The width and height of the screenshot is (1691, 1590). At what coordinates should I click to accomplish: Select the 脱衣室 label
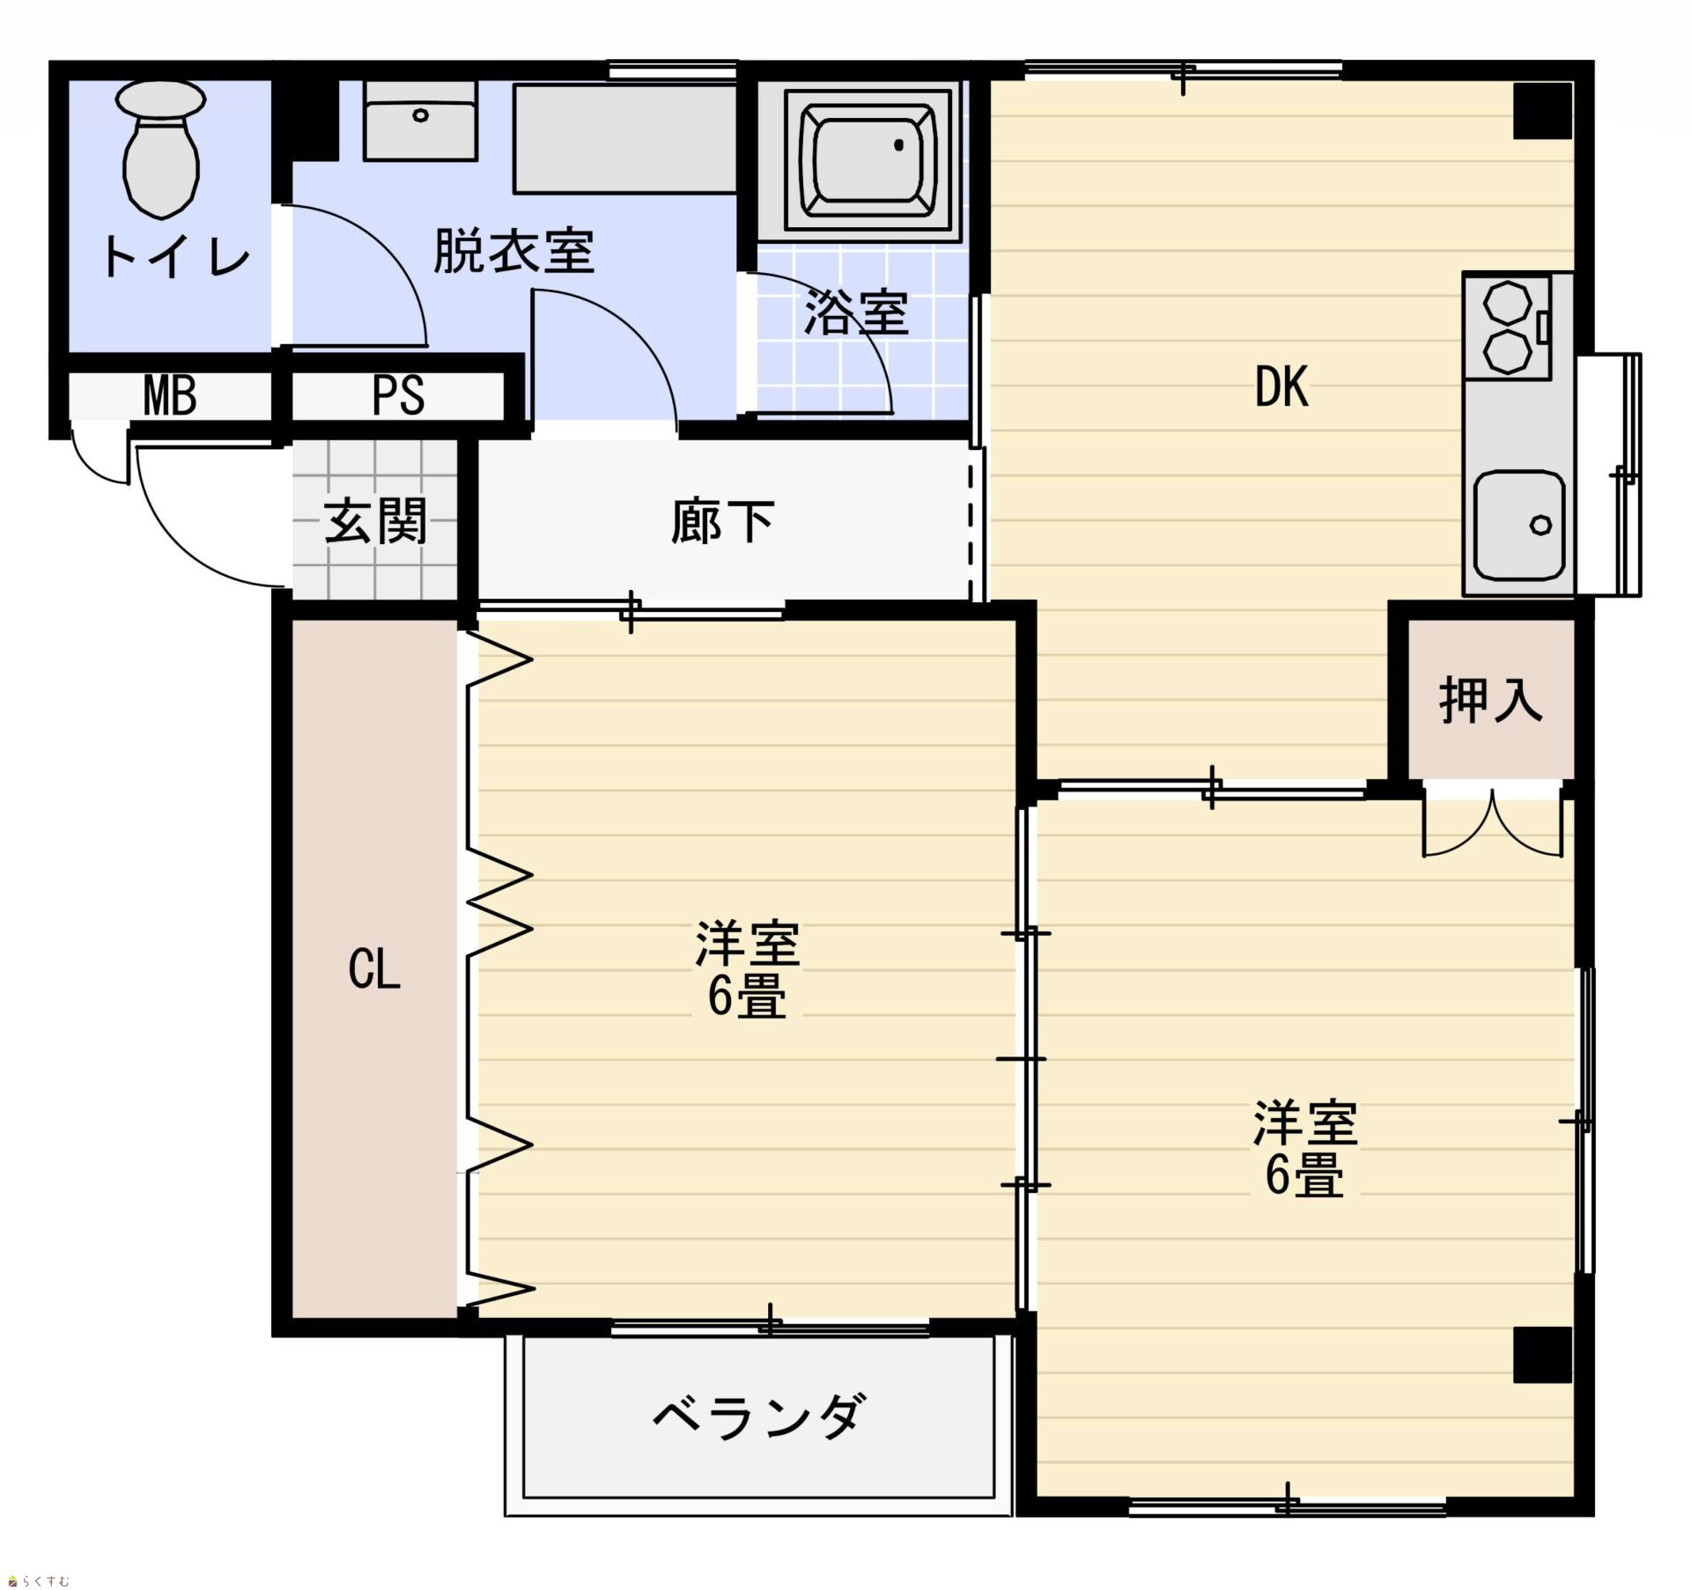pyautogui.click(x=514, y=251)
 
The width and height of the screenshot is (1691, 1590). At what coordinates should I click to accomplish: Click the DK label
pyautogui.click(x=1281, y=386)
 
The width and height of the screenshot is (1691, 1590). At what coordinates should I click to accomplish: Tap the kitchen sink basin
pyautogui.click(x=1520, y=526)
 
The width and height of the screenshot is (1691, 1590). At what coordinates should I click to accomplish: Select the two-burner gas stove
pyautogui.click(x=1508, y=326)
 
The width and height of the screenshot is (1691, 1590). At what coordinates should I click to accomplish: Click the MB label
pyautogui.click(x=170, y=396)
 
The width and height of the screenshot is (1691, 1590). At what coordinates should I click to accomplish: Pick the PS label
pyautogui.click(x=398, y=396)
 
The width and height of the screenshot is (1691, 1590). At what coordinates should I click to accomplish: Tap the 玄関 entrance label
pyautogui.click(x=376, y=521)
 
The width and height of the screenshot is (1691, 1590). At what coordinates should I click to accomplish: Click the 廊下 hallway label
pyautogui.click(x=722, y=521)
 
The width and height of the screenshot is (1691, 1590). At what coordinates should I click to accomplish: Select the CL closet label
pyautogui.click(x=374, y=970)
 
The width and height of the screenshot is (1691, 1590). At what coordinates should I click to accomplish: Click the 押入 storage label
pyautogui.click(x=1491, y=701)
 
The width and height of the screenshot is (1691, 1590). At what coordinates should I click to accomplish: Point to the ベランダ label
pyautogui.click(x=757, y=1417)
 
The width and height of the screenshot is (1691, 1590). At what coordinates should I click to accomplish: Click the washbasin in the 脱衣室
pyautogui.click(x=420, y=121)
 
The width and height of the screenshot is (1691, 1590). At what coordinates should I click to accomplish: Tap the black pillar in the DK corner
pyautogui.click(x=1542, y=110)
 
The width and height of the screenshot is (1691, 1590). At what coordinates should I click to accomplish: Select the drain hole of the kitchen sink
pyautogui.click(x=1540, y=526)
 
